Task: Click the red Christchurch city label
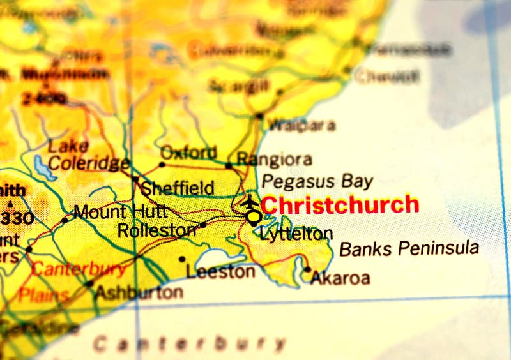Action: click(340, 205)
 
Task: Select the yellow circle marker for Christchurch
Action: click(254, 217)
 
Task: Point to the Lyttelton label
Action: click(296, 234)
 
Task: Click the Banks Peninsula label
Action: click(409, 248)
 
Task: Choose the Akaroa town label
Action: click(340, 278)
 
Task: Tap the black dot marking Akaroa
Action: click(307, 269)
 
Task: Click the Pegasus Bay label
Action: click(317, 181)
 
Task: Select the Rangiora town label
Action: click(274, 159)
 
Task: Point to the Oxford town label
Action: click(188, 153)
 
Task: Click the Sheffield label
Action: click(177, 188)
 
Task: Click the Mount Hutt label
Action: click(121, 211)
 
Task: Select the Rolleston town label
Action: click(157, 230)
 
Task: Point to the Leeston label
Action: click(220, 272)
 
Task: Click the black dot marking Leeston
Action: click(182, 259)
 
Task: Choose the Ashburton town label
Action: click(139, 292)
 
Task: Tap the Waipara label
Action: click(301, 125)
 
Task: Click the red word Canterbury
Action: click(79, 269)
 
